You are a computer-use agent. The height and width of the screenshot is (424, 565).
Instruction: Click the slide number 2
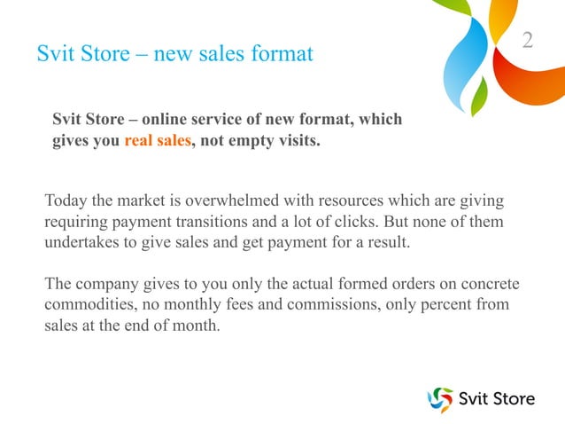[x=528, y=40]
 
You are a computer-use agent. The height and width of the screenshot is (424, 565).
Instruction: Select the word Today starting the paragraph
[x=65, y=198]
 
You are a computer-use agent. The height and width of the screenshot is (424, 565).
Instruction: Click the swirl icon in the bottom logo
[x=439, y=399]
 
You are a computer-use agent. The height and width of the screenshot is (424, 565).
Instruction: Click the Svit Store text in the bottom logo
[x=496, y=398]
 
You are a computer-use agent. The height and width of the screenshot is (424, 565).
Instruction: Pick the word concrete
[x=488, y=285]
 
